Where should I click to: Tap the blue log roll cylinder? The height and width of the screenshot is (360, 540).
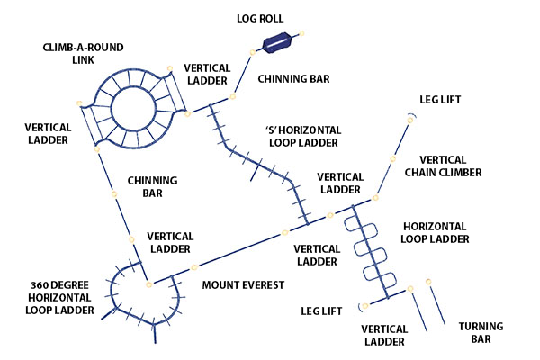click(276, 42)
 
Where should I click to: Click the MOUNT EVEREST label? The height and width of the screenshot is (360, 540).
click(243, 285)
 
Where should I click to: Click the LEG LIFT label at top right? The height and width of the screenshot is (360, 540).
click(441, 100)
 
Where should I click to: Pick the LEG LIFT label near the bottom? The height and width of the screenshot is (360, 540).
click(322, 310)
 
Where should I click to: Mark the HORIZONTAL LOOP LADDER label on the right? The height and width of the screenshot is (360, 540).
click(436, 233)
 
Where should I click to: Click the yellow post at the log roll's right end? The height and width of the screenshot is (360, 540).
click(302, 34)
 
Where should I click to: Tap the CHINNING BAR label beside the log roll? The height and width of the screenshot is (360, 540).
click(293, 79)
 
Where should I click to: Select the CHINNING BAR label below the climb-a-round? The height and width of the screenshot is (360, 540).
click(152, 186)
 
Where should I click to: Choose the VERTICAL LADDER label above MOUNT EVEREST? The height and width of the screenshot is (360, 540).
click(170, 242)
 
